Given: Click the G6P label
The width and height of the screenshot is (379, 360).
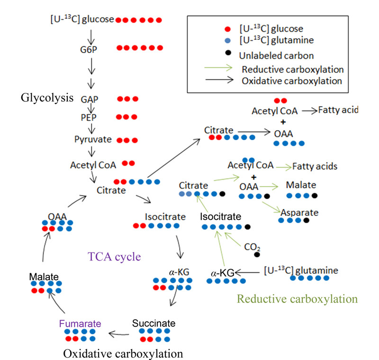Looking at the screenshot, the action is (89, 50).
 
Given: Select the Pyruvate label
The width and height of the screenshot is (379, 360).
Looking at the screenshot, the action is (93, 139).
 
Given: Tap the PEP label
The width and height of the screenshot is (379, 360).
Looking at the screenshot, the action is (89, 117).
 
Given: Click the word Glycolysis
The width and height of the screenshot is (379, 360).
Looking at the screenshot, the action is (47, 98).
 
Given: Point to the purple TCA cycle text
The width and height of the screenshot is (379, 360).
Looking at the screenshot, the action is (114, 257).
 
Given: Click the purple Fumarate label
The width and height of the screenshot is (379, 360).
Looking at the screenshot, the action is (80, 324).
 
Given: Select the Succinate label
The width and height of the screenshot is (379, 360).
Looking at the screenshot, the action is (153, 323).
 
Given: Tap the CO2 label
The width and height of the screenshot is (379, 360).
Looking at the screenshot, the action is (252, 247).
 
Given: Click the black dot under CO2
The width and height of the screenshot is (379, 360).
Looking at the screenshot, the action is (257, 255).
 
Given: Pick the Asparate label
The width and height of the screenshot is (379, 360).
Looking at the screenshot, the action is (299, 213).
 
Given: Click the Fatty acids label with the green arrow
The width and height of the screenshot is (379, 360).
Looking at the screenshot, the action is (315, 166).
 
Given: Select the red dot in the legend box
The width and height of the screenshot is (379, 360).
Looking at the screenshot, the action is (227, 29).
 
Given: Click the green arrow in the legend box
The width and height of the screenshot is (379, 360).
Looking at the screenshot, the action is (218, 68).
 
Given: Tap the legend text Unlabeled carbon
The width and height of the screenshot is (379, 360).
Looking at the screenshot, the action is (276, 55).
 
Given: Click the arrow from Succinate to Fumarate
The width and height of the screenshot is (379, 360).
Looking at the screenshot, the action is (119, 334).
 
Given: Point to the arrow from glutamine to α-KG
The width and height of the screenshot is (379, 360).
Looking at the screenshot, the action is (247, 272).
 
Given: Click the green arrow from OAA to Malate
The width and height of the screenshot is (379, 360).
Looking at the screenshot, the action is (269, 187).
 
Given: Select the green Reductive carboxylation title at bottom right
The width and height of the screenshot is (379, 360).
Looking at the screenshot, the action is (297, 299).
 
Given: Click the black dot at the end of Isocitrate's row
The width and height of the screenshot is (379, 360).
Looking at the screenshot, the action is (247, 227).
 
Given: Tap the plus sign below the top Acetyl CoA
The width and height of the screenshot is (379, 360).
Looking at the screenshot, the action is (283, 122).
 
